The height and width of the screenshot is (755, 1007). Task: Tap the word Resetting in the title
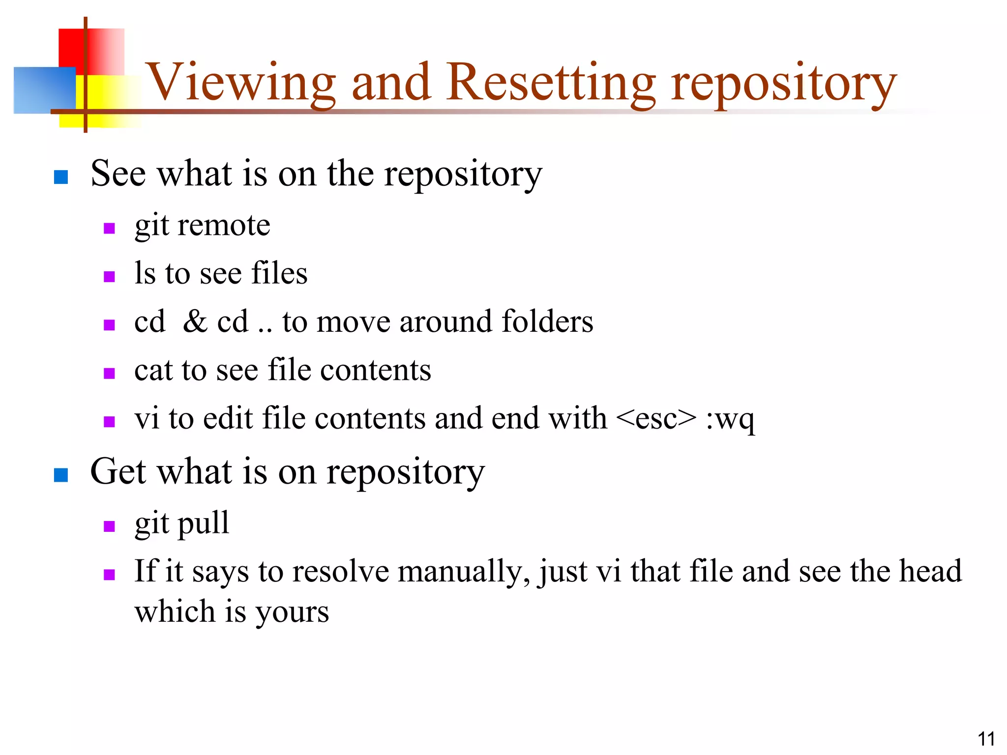click(551, 83)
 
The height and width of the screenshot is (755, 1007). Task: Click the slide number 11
click(986, 739)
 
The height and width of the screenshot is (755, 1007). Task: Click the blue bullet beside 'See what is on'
click(60, 177)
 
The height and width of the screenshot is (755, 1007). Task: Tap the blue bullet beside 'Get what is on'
click(60, 475)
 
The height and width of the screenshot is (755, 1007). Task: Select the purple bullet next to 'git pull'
click(109, 526)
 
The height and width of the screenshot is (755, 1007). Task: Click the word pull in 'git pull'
click(203, 523)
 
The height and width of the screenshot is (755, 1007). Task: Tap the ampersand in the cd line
click(195, 321)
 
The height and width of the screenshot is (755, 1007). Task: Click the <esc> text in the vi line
click(656, 419)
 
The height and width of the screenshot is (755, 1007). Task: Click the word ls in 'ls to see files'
click(145, 273)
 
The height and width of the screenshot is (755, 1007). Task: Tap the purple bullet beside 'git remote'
click(109, 229)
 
